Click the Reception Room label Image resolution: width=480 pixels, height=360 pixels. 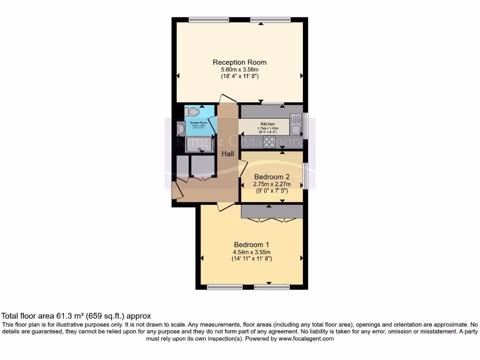coord(240,62)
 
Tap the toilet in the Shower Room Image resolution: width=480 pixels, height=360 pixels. coord(193,112)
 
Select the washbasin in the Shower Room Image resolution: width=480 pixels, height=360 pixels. coord(181,128)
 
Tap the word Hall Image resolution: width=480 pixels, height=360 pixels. coord(228,154)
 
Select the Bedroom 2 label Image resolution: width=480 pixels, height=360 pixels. coord(271,177)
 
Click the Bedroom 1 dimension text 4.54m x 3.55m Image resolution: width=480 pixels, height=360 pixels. coord(252,252)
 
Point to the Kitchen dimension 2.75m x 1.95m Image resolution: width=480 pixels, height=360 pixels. coord(268,128)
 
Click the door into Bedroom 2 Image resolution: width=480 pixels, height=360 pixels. coord(243,169)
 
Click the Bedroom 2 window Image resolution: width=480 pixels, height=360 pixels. coord(305,177)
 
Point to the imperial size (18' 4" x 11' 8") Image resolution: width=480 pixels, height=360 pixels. coord(240,76)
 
